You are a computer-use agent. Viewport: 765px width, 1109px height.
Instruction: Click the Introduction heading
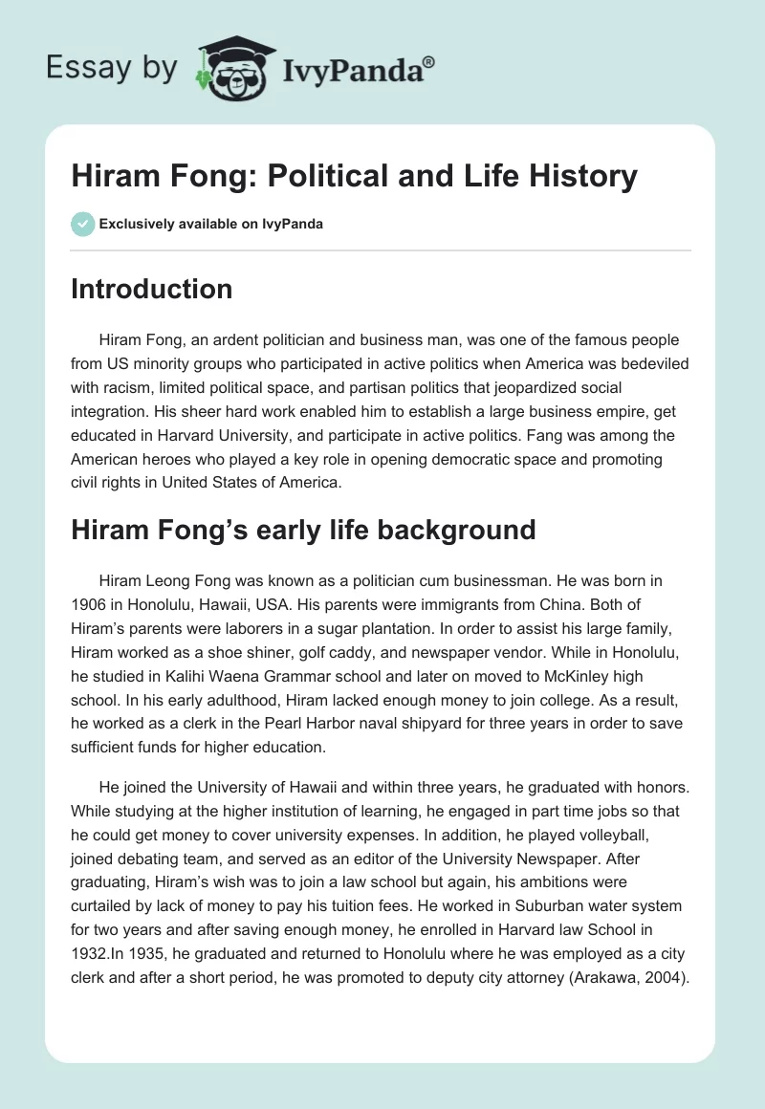[x=151, y=289]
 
